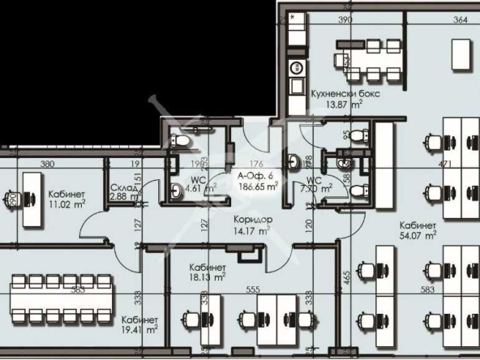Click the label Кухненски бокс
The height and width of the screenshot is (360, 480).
345,93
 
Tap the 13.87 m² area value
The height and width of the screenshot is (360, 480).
345,104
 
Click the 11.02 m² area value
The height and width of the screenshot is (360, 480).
67,204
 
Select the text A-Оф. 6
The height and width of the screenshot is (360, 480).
255,175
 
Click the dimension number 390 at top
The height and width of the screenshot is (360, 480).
345,19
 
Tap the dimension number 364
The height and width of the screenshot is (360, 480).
461,19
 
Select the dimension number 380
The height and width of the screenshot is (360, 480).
48,164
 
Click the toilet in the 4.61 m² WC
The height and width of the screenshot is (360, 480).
181,144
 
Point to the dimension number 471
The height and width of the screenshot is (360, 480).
444,165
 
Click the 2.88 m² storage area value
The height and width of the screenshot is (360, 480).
123,196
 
